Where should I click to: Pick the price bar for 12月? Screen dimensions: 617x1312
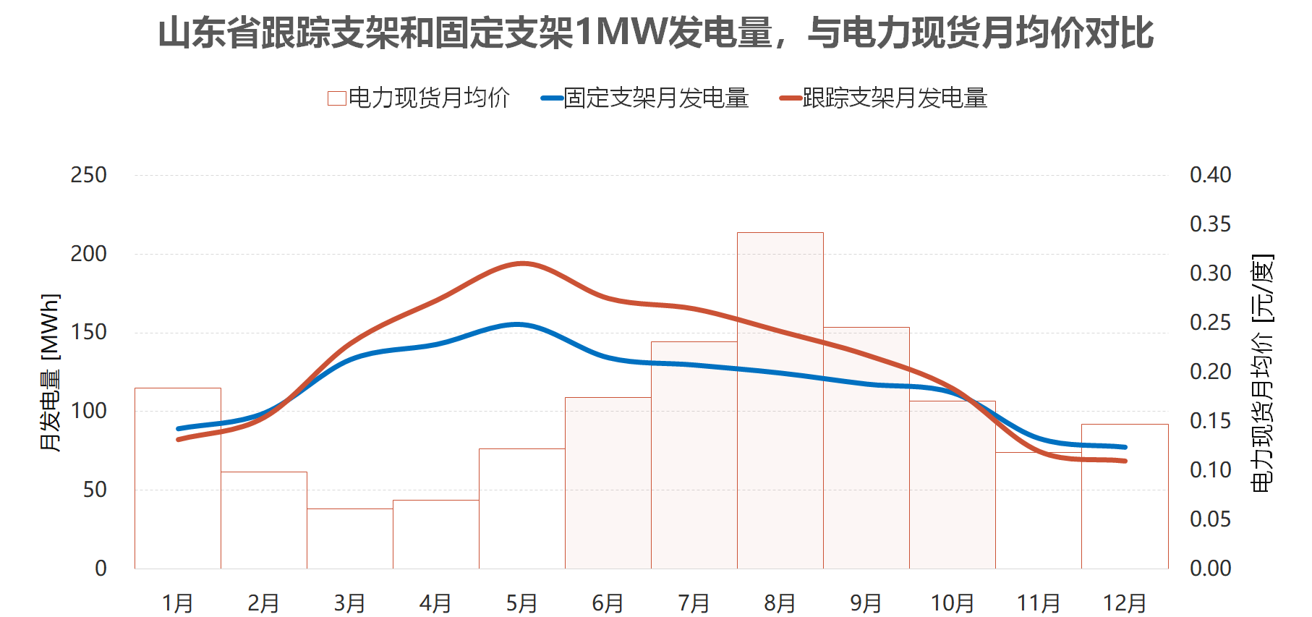pos(1125,506)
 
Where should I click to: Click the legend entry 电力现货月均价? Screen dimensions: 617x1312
pos(419,98)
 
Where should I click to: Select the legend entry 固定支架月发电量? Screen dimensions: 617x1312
pos(645,98)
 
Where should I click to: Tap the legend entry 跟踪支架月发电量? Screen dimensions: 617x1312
pos(884,98)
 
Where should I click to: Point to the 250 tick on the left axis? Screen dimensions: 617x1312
pos(88,175)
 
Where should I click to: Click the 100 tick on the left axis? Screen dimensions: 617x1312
pos(88,411)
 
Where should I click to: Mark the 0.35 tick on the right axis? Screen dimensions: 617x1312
pos(1210,224)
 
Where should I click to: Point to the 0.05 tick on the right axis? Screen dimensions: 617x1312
pos(1210,519)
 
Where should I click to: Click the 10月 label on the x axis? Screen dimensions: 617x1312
pos(952,603)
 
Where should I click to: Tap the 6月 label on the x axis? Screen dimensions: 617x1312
pos(608,603)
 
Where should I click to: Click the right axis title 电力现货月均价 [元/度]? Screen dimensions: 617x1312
pos(1262,372)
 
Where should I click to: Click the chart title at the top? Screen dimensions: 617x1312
pos(655,33)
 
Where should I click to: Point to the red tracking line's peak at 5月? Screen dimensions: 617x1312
pos(522,263)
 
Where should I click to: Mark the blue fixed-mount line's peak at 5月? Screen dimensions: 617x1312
pos(519,324)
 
